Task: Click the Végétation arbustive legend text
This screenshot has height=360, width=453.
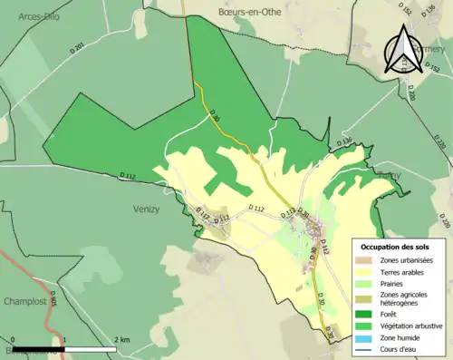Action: pyautogui.click(x=414, y=325)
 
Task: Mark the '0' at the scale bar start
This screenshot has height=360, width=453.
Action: pyautogui.click(x=14, y=339)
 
